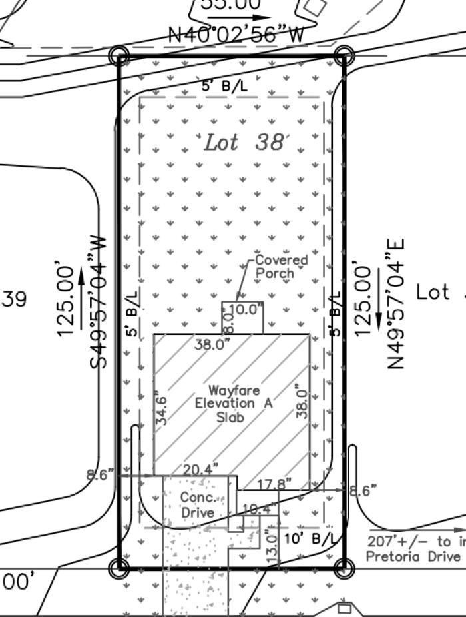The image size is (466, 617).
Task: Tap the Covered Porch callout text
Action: coord(282,266)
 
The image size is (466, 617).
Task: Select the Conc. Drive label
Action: coord(198,505)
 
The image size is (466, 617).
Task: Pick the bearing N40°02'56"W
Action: coord(236,34)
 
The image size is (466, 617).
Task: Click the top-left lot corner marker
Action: coord(120,55)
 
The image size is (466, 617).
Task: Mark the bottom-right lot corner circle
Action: coord(344,568)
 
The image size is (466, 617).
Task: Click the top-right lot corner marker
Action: coord(344,55)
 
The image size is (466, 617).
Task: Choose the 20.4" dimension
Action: coord(201,470)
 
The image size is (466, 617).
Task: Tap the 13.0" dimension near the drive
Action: coord(271,546)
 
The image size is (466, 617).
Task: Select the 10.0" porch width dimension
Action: coord(246,308)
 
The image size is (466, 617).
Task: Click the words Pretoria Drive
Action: coord(413,556)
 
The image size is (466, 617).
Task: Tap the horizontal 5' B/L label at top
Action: coord(224,86)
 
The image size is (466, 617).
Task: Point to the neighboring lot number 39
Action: coord(13,299)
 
